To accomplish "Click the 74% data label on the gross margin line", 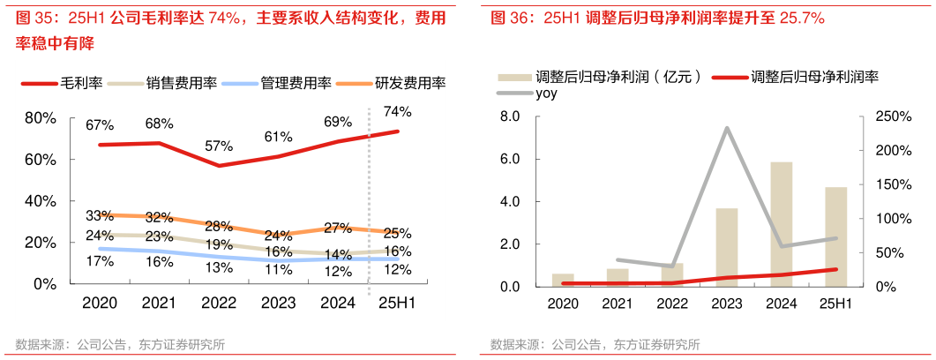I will pos(397,111).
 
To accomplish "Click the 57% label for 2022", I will pos(218,146).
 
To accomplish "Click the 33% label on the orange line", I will pos(100,215).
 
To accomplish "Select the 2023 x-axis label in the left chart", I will pos(279,303).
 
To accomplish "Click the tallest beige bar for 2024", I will pos(781,224).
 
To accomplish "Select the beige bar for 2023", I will pos(726,247).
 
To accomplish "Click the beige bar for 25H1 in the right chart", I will pos(835,236).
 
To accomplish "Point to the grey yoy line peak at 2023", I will pos(726,128).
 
